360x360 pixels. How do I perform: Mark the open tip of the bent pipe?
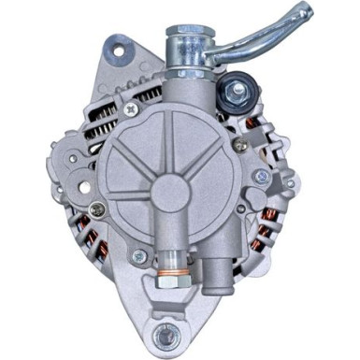tap(303, 13)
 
